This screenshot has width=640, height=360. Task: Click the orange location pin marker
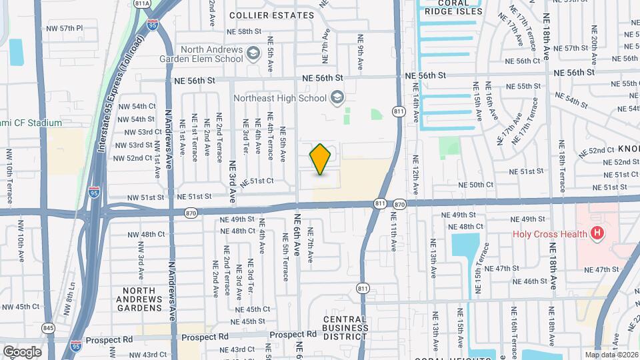pos(320,159)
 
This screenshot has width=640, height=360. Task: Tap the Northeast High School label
pos(280,98)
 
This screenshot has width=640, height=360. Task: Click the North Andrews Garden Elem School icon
pos(253,53)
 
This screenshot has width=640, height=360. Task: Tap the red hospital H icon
pos(597,233)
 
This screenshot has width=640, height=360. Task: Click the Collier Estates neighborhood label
pos(271,15)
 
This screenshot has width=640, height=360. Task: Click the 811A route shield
pos(142,3)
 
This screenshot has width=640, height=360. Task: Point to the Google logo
pos(22,351)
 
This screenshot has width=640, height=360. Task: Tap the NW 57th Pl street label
pos(65,29)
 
